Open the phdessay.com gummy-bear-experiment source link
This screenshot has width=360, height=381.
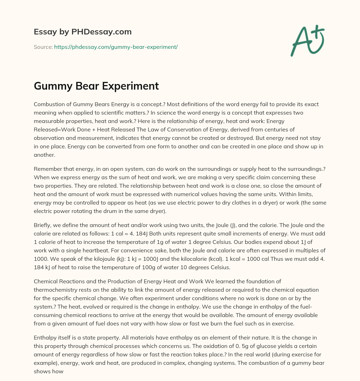click(116, 47)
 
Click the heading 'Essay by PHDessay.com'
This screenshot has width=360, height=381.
click(83, 32)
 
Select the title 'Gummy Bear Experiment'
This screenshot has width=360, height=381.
click(96, 86)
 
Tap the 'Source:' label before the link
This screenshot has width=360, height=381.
click(43, 47)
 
